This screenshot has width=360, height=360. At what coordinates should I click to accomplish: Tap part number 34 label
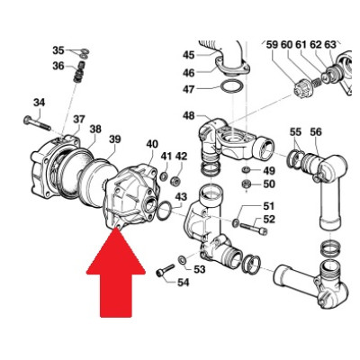coord(39,103)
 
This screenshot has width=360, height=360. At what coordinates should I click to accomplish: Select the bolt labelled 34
coord(37,123)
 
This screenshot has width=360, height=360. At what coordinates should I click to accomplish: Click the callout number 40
coord(152,144)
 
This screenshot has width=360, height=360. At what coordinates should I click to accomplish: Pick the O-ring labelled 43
coord(165,210)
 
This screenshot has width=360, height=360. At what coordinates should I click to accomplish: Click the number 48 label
coord(188,115)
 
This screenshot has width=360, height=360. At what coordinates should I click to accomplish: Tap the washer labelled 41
coord(164,176)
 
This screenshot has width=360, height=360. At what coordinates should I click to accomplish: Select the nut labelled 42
coord(175,181)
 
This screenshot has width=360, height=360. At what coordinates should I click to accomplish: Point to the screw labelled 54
coord(165,270)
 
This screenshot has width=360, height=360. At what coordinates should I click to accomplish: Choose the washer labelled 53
coord(182,260)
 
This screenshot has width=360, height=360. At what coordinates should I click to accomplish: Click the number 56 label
coord(315,131)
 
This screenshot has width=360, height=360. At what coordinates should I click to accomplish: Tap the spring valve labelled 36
coord(78,72)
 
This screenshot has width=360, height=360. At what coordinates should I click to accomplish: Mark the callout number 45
coord(188,55)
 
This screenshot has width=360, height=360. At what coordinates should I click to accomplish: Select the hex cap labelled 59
coord(301,89)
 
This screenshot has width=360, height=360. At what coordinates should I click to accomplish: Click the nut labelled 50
coord(247,184)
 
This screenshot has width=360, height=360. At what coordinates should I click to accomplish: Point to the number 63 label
coord(330,45)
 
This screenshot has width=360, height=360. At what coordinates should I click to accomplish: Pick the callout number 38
coord(95,130)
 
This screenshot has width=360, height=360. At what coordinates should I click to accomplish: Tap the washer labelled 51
coord(236,222)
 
